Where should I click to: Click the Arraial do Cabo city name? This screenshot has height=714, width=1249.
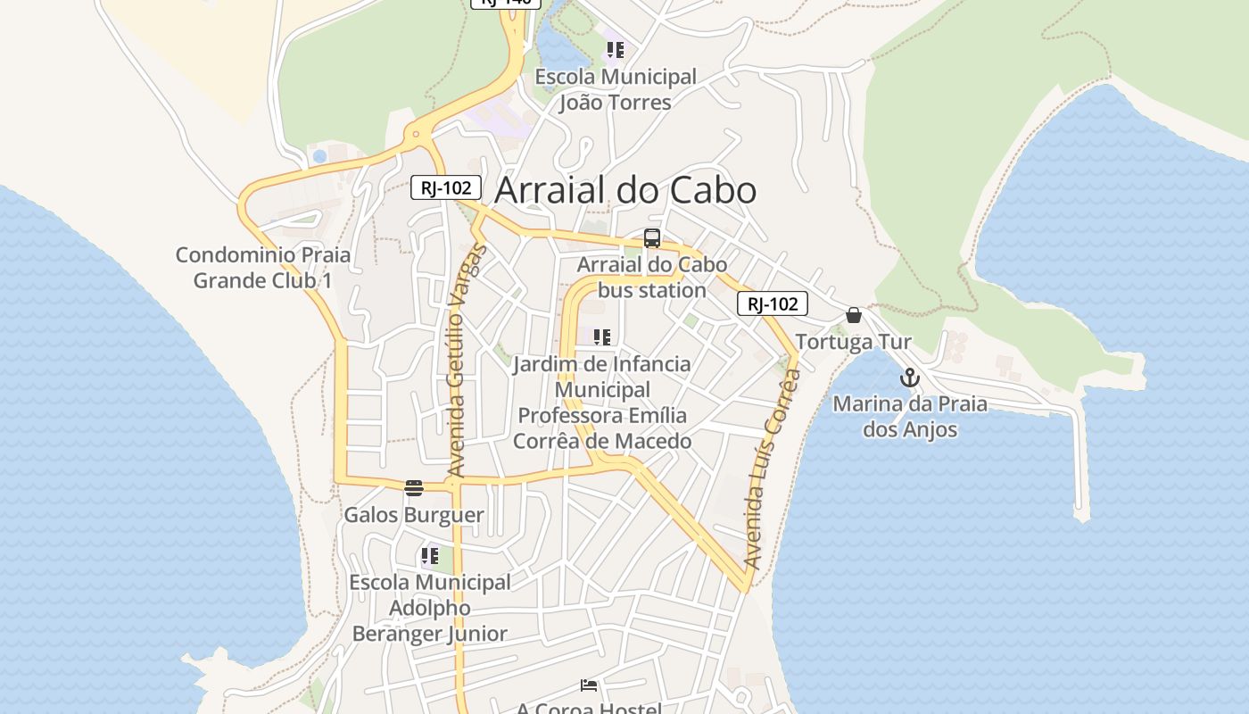point(624,190)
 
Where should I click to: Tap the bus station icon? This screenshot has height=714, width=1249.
point(652,238)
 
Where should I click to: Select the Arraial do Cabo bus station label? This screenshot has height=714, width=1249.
point(651,278)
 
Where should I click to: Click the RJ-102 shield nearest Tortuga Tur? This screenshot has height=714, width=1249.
point(773,303)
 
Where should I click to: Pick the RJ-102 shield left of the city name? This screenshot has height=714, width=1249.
point(446,187)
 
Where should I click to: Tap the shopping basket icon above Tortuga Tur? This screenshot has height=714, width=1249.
point(854,315)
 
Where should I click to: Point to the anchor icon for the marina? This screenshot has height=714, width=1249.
point(909,378)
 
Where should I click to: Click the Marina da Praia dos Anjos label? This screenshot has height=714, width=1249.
point(910,417)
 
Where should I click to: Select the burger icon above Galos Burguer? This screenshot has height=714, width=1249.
point(413,487)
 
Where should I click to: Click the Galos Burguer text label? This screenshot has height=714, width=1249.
point(414,515)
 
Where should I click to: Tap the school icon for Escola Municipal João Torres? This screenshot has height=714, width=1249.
point(615,50)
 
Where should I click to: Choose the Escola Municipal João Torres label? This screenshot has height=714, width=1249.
point(615,89)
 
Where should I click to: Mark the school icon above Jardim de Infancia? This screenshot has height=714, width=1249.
point(602,337)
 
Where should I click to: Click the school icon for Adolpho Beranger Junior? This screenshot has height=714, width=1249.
point(429,557)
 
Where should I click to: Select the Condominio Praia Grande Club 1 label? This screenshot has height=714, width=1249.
point(263,268)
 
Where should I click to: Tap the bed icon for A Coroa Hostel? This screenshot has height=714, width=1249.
point(589,685)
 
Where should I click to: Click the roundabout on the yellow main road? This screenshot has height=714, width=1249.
point(416,136)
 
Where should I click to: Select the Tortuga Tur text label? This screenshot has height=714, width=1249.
point(853,342)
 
